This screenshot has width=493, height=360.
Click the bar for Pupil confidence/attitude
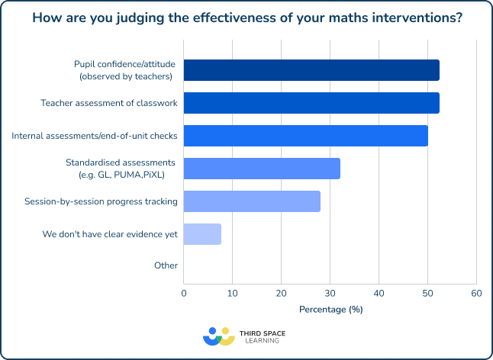pos(311,70)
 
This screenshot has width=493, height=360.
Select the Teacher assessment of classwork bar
pos(311,103)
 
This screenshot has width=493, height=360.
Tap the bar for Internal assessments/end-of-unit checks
pos(305,136)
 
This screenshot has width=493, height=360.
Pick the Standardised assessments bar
pos(262,168)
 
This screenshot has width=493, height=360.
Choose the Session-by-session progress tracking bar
pos(252,201)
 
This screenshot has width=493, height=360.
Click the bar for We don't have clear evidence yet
pos(202,234)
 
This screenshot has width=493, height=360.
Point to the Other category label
pos(166,266)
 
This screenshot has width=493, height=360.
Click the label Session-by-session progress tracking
pos(101,201)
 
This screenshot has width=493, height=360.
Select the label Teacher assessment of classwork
pos(109,103)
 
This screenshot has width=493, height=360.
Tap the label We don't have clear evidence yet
pos(110,234)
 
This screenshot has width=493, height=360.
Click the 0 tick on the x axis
pos(184,293)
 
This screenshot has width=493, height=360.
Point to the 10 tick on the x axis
pos(232,293)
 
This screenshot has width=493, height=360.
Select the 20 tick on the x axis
pos(281,293)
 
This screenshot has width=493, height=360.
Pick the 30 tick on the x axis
pos(330,293)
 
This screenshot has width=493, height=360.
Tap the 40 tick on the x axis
pos(379,293)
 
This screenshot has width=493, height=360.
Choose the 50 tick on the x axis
pos(427,293)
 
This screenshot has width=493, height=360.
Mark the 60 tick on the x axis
pos(475,293)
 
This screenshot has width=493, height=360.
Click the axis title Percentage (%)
pos(330,309)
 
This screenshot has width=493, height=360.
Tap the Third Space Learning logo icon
pos(218,336)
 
